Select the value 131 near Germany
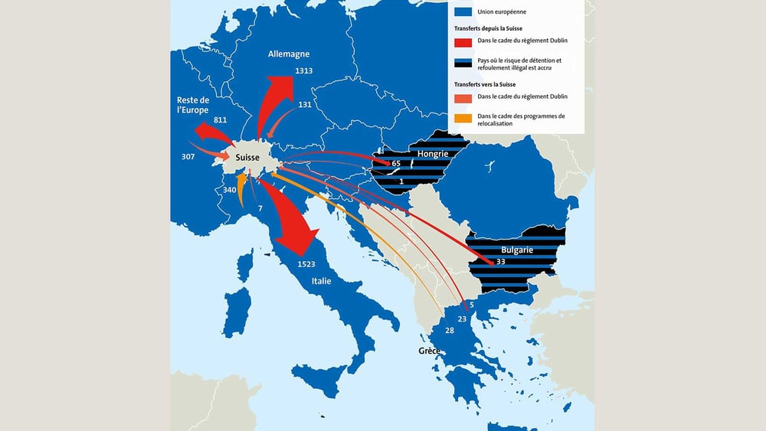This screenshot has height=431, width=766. (305, 105)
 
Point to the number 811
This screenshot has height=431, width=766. (221, 120)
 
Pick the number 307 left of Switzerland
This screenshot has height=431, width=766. (188, 156)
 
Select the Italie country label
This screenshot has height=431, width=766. (321, 282)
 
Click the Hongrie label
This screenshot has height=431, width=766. (432, 154)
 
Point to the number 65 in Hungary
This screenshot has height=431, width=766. (396, 164)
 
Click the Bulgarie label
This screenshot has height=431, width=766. (517, 250)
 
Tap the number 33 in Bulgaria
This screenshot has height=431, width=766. (501, 262)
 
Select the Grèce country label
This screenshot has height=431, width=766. (429, 351)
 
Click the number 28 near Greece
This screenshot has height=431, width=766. (450, 330)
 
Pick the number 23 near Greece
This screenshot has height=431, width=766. (462, 318)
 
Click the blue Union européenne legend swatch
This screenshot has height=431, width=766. (463, 12)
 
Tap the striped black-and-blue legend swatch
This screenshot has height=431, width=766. (463, 64)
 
